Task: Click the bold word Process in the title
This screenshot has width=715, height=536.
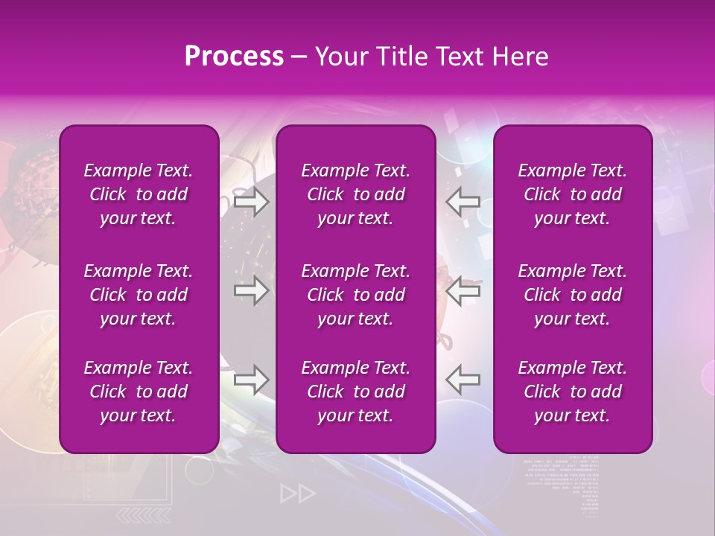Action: (234, 57)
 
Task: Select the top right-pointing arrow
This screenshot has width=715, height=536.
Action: (251, 202)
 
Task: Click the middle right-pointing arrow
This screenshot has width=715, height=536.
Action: (251, 290)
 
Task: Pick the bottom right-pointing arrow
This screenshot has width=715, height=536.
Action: (251, 380)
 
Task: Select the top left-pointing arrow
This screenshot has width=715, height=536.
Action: (463, 202)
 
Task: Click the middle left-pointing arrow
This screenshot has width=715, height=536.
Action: (463, 290)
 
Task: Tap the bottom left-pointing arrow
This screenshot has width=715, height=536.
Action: (463, 380)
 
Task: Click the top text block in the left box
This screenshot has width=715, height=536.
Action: (139, 194)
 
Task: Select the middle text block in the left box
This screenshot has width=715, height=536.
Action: (139, 295)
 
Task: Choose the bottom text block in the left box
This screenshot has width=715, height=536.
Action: (139, 392)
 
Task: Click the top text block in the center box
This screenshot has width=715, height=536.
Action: (356, 194)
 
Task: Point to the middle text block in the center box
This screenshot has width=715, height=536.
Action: (356, 295)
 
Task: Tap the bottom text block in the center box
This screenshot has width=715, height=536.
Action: (356, 392)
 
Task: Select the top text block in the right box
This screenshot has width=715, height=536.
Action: (573, 194)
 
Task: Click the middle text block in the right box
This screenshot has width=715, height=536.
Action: (573, 295)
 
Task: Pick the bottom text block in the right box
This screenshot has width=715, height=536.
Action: (573, 392)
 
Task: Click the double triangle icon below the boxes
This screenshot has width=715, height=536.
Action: (298, 494)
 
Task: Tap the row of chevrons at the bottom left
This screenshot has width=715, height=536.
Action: (144, 515)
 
